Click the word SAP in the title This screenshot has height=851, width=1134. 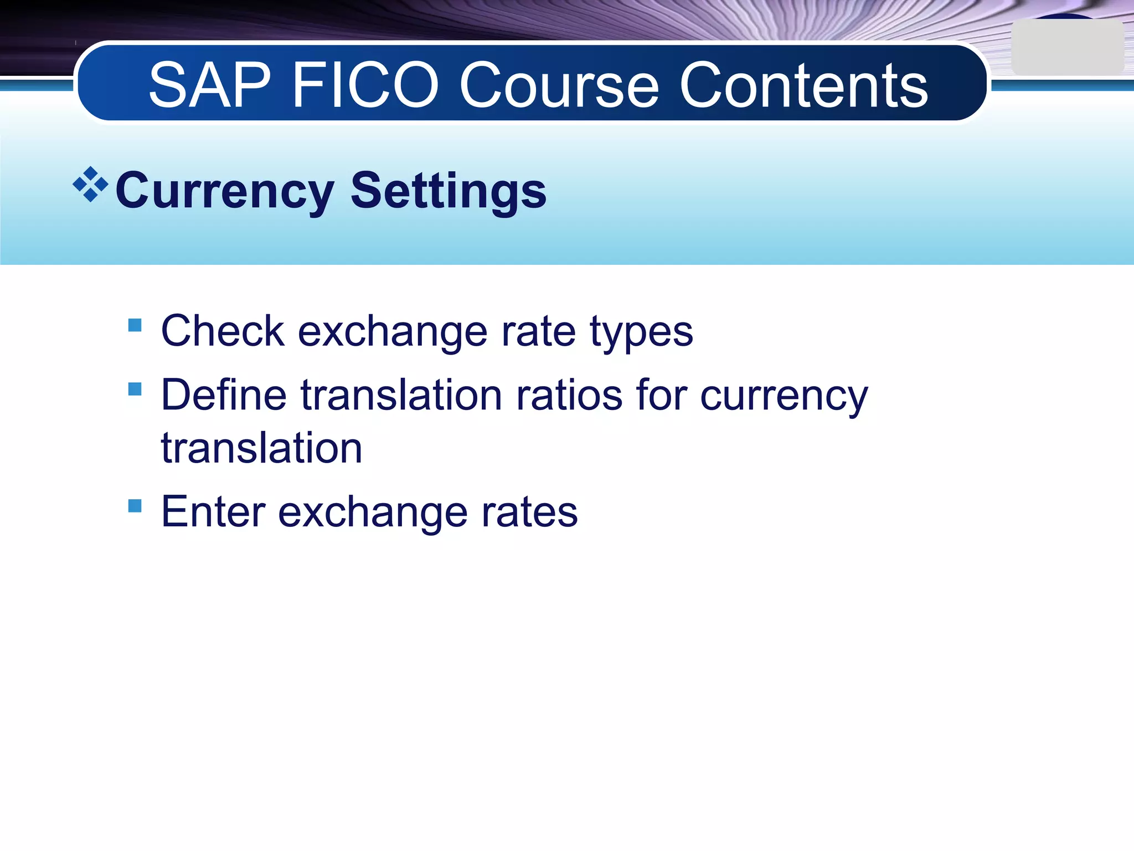point(209,86)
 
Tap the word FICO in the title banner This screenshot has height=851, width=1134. point(365,86)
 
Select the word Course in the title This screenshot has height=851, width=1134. point(559,86)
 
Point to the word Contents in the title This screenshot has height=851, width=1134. point(803,86)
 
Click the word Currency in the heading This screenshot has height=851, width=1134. point(224,191)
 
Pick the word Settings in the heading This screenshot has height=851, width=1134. point(449,191)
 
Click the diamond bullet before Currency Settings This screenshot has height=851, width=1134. point(90,184)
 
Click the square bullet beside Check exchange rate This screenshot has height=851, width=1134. point(135,325)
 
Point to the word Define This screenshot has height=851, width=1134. point(224,395)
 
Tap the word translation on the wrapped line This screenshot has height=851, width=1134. point(261,448)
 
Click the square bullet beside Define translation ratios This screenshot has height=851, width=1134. point(135,389)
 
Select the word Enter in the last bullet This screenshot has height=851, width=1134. point(213,512)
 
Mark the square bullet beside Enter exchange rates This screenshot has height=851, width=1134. point(135,506)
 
